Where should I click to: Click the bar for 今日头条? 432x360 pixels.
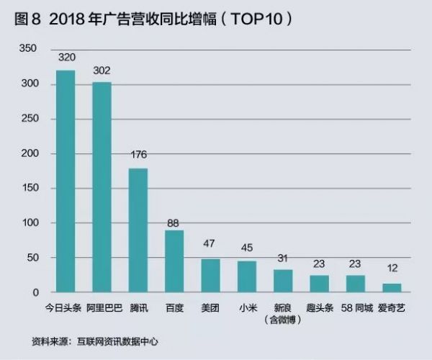tap(66, 181)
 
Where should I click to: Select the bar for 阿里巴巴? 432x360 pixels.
tap(102, 187)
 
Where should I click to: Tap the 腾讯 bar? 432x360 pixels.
tap(138, 230)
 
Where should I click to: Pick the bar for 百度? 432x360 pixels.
tap(174, 261)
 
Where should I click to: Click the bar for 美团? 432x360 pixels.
tap(210, 276)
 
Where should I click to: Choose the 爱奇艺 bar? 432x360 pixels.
tap(392, 288)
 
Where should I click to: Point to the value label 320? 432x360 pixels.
tap(66, 58)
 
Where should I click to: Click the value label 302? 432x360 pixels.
tap(102, 71)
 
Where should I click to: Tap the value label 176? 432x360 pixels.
tap(138, 155)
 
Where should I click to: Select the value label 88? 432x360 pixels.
tap(174, 222)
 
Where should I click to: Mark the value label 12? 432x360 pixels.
tap(391, 269)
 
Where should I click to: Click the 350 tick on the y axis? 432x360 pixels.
tap(27, 48)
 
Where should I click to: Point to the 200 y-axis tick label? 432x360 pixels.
tap(27, 153)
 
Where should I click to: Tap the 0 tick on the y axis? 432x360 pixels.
tap(33, 293)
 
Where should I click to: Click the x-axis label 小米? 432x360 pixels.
tap(246, 307)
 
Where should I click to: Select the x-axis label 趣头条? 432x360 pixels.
tap(319, 307)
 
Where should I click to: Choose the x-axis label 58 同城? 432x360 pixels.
tap(355, 307)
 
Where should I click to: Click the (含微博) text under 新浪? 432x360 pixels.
tap(282, 318)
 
